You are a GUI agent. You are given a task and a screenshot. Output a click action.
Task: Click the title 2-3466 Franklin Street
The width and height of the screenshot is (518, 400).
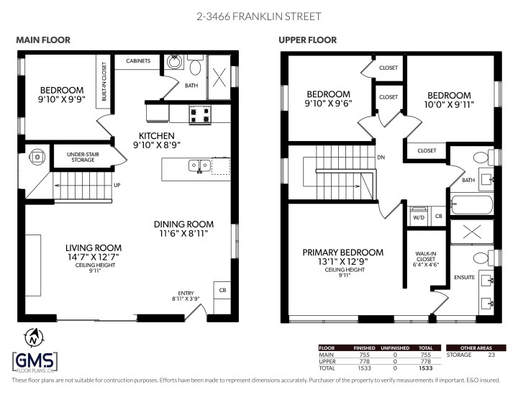(259, 16)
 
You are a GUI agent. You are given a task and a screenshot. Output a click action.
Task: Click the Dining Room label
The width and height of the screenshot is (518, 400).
(183, 224)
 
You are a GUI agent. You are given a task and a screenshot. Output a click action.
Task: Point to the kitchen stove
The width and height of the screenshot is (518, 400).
(199, 113)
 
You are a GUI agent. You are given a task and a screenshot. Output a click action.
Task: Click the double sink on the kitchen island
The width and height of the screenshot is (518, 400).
(199, 165)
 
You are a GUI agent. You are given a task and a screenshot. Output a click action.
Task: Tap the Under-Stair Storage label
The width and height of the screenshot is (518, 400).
(81, 157)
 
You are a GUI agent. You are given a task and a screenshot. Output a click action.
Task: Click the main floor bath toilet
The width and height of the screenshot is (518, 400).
(194, 66)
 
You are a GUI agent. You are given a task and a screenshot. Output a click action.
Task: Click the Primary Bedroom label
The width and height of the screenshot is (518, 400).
(342, 253)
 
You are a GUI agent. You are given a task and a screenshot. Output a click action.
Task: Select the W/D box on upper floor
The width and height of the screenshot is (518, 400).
(418, 215)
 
